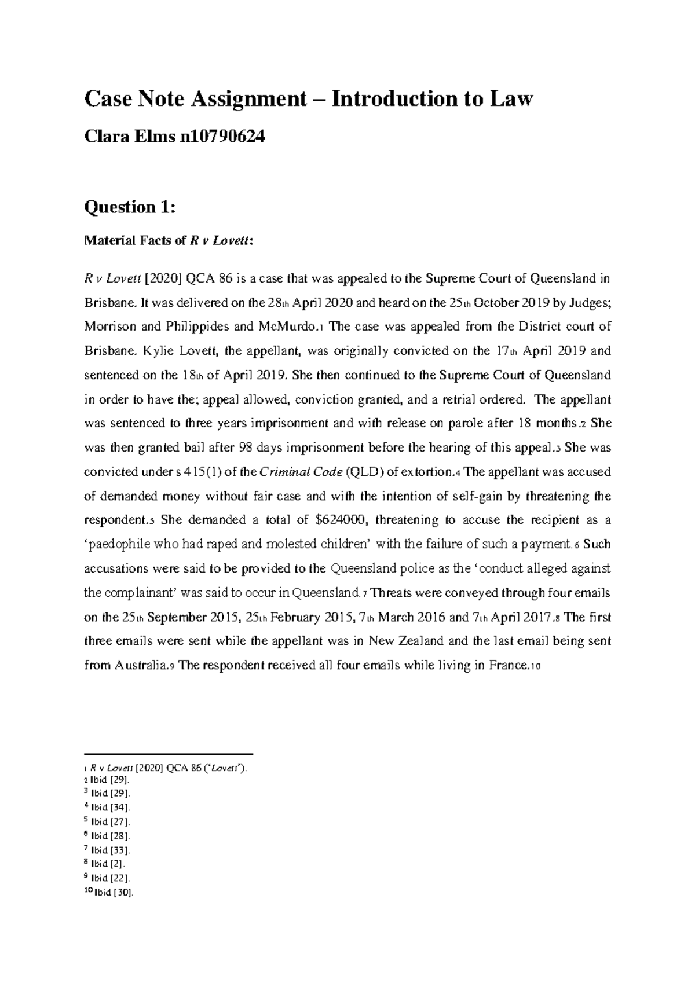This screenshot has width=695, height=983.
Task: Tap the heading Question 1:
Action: pos(130,207)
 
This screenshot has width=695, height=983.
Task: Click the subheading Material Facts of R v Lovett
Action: pos(169,241)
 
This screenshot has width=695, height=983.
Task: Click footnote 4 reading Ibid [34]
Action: pos(110,808)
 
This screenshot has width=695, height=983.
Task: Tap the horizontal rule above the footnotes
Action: pos(169,755)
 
